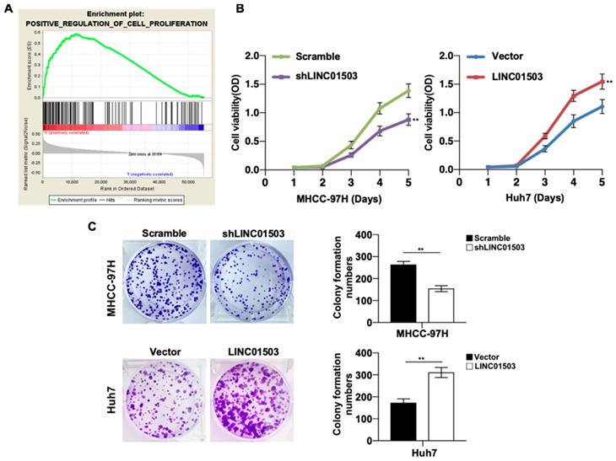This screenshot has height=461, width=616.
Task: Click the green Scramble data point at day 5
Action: (x=408, y=89)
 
